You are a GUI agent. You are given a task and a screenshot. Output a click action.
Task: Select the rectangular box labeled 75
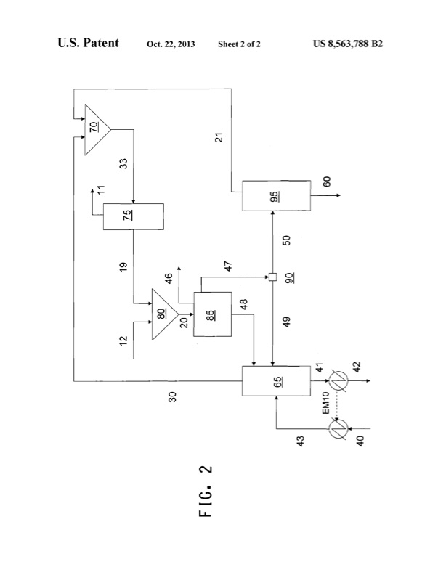pos(133,216)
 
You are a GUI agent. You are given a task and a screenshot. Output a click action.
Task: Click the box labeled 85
pos(211,314)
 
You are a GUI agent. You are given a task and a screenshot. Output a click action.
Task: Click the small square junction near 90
pos(273,276)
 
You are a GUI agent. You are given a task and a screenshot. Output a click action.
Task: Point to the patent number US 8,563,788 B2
pos(347,44)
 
